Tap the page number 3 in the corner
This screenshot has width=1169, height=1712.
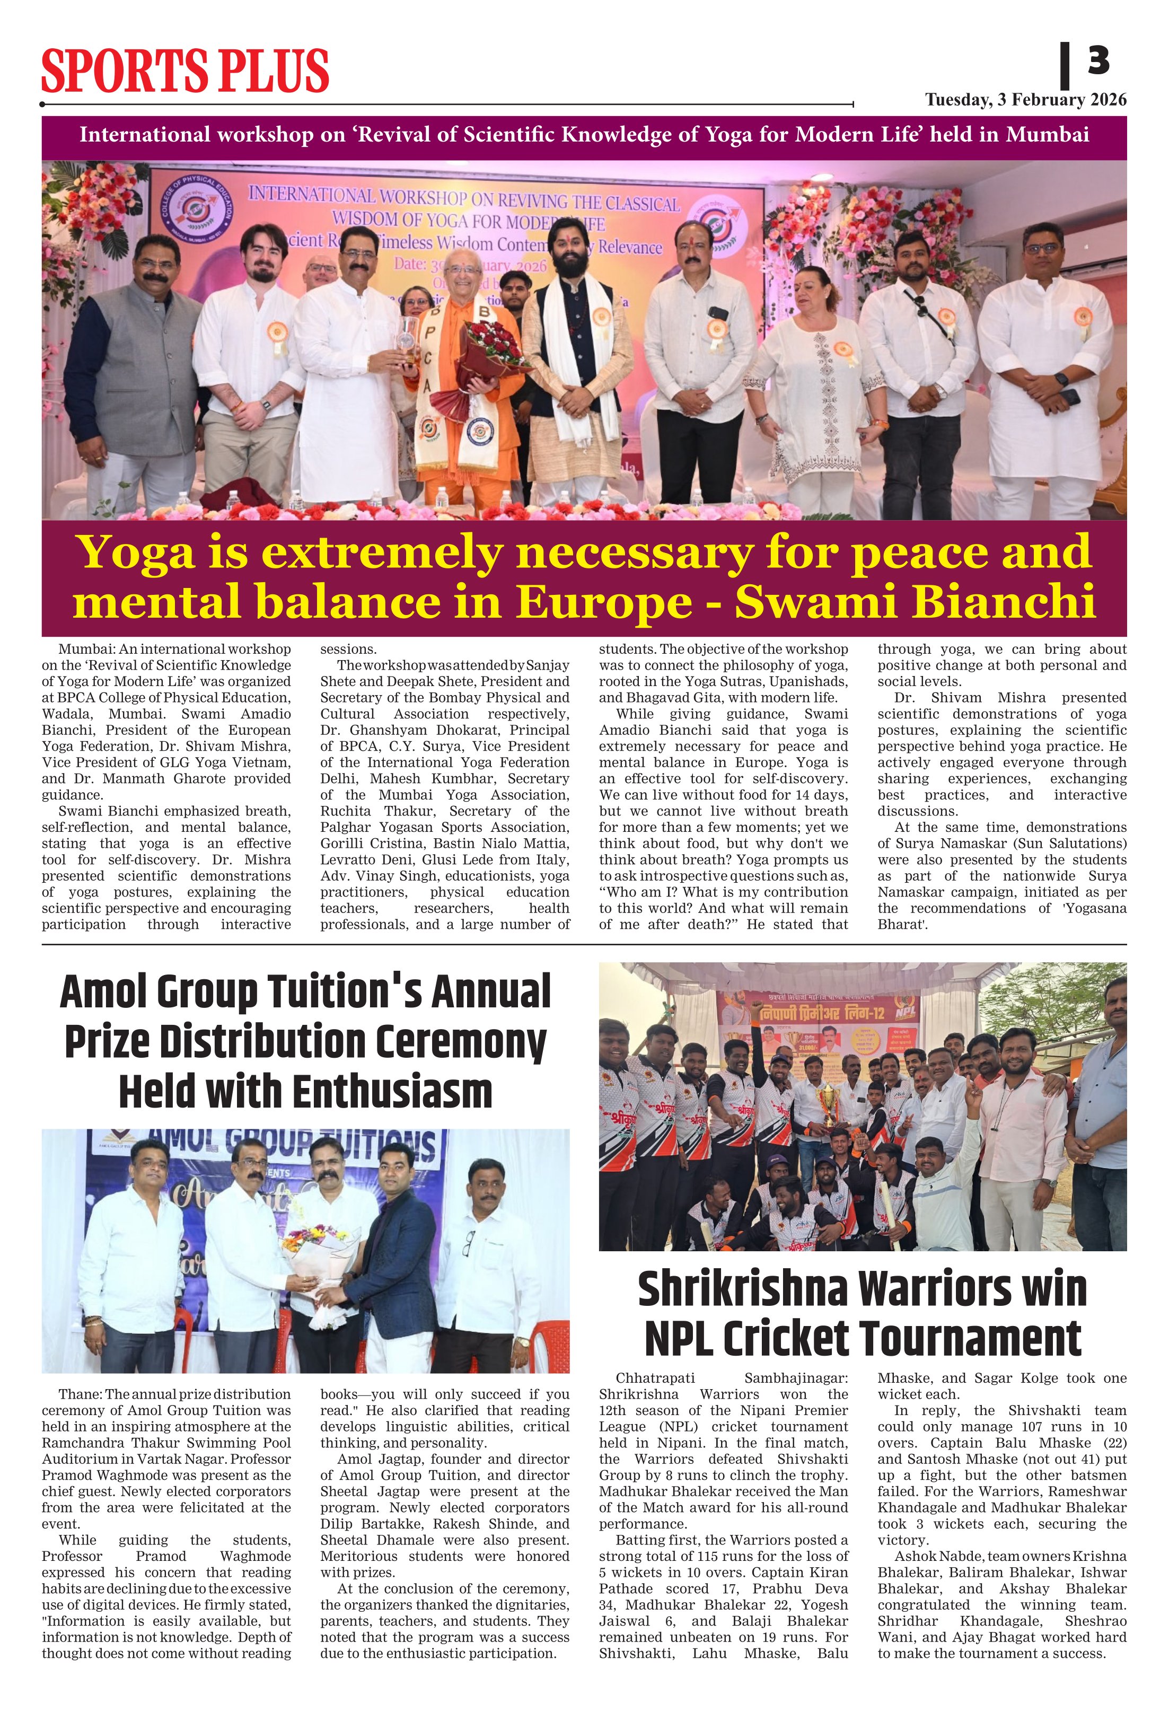pos(1097,60)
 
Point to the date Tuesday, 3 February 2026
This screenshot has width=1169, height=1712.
pos(1025,100)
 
